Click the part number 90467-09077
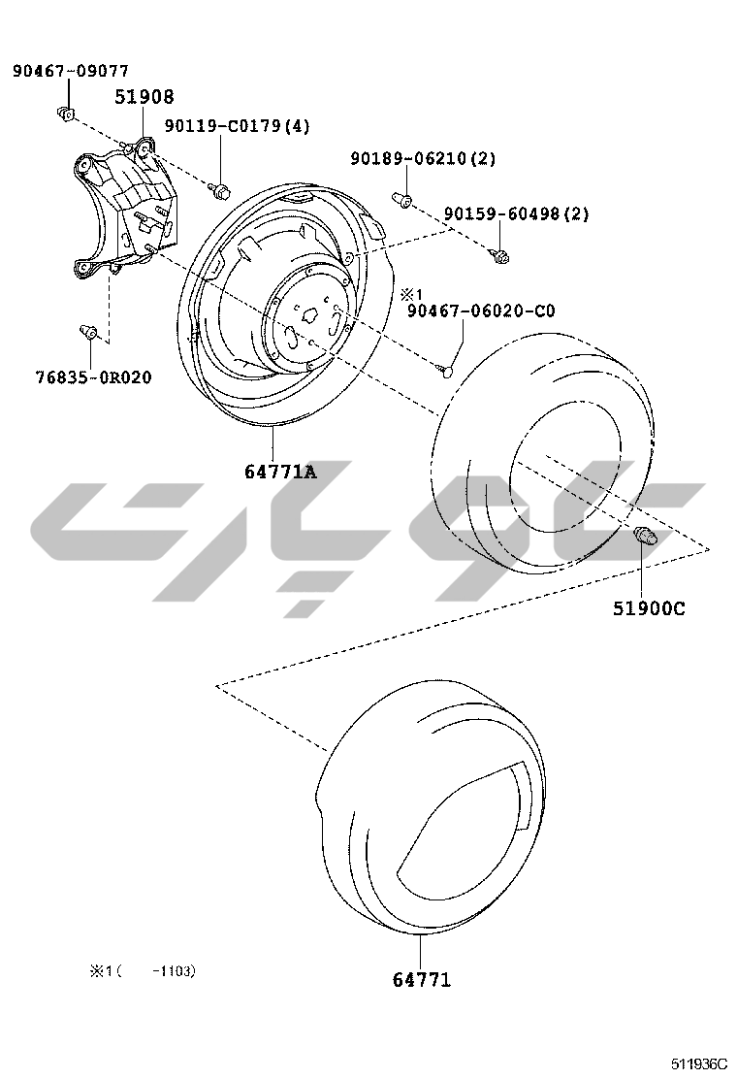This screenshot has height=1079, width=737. (x=70, y=71)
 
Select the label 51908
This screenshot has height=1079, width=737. (x=144, y=97)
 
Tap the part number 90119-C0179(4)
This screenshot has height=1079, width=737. (x=238, y=126)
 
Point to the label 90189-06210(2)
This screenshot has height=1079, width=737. (x=423, y=158)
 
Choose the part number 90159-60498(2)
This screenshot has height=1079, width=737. (x=516, y=214)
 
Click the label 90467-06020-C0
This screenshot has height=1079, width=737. (x=481, y=311)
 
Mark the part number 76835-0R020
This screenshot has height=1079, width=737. (x=93, y=377)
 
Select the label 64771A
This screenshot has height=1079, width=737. (x=280, y=472)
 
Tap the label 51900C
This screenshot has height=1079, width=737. (x=649, y=609)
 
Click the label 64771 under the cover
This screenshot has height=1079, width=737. (x=422, y=980)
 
